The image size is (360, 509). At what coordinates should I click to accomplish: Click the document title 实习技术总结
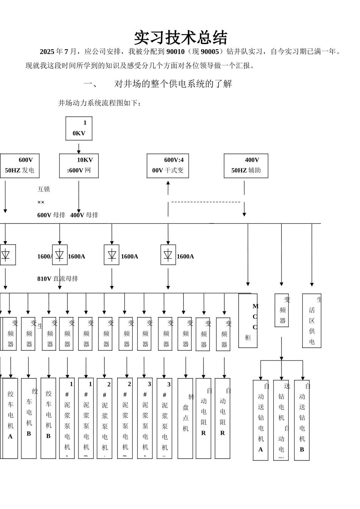(180, 38)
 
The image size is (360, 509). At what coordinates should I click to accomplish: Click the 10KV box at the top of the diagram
(79, 128)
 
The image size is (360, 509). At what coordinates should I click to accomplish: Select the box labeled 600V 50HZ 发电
(19, 166)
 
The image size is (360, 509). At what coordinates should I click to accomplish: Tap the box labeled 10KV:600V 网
(79, 166)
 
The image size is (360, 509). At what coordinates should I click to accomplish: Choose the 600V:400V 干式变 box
(168, 166)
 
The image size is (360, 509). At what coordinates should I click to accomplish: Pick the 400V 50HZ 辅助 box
(246, 166)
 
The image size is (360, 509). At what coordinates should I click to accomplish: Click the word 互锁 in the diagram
(44, 189)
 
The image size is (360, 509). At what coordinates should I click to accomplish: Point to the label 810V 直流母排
(58, 279)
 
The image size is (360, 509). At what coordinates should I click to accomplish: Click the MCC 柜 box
(248, 321)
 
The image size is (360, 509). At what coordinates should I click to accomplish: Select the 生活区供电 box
(312, 321)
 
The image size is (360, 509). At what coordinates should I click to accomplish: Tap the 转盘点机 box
(185, 418)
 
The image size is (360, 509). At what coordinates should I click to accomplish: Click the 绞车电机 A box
(10, 418)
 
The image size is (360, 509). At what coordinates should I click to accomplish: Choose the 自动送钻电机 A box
(261, 420)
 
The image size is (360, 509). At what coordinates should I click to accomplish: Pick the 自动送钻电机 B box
(302, 420)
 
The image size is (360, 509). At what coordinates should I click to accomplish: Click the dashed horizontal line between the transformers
(206, 202)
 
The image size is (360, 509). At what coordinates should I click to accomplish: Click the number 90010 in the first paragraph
(175, 52)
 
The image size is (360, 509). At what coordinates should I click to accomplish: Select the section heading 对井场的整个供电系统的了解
(173, 84)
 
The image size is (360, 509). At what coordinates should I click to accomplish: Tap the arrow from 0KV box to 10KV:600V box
(79, 148)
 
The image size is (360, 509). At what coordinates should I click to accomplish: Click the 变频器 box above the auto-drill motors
(282, 310)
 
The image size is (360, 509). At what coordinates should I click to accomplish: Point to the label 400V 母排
(84, 215)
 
